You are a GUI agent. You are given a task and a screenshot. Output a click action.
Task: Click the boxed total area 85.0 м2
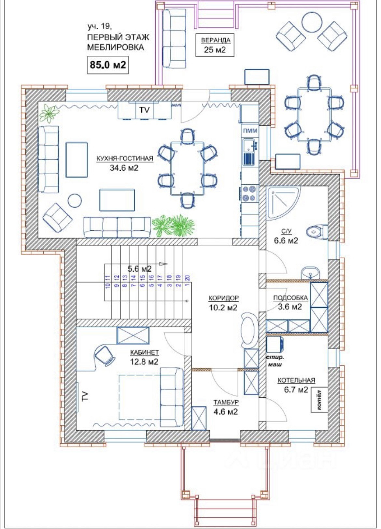pyautogui.click(x=108, y=65)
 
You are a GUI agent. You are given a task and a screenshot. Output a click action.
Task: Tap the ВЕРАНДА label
pyautogui.click(x=216, y=40)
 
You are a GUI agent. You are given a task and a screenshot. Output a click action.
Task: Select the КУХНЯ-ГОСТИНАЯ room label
pyautogui.click(x=125, y=158)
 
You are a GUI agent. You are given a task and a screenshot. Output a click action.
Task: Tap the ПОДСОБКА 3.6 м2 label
pyautogui.click(x=290, y=302)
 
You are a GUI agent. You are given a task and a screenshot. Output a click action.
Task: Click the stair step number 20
pyautogui.click(x=188, y=278)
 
